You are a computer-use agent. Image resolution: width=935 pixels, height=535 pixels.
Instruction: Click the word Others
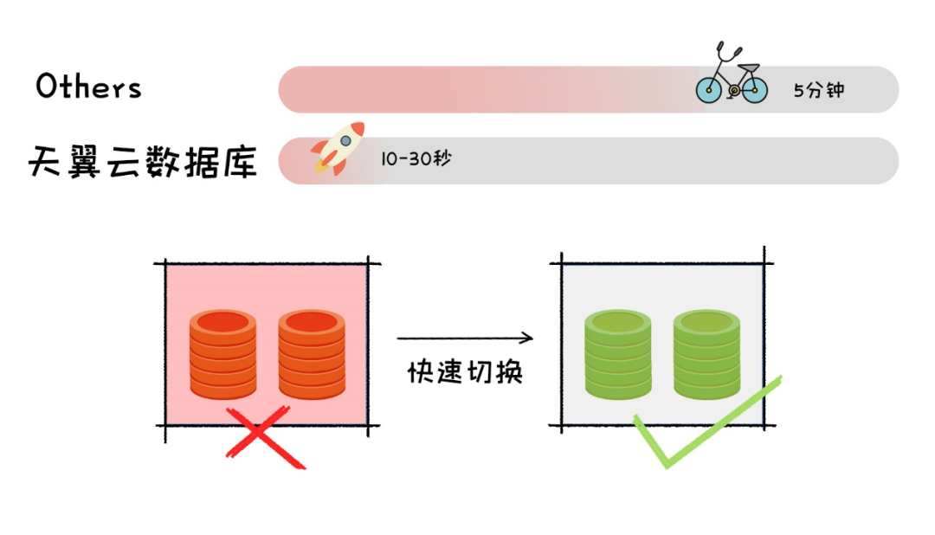pos(88,87)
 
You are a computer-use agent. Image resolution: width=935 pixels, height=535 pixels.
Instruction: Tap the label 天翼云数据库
pos(142,160)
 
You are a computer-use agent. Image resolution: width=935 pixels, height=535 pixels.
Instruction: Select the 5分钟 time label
pos(818,89)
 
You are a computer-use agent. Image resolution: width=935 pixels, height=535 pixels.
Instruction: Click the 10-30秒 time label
pos(416,159)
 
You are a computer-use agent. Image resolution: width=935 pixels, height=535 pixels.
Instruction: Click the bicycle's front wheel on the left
pos(709,89)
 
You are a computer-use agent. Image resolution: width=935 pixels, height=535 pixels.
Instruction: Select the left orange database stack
pos(223,356)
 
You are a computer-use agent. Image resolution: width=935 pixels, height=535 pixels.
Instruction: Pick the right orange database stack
pos(312,356)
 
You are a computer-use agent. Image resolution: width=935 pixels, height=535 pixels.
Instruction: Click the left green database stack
pos(617,356)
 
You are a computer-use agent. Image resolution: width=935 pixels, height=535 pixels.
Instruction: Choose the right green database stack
pos(706,356)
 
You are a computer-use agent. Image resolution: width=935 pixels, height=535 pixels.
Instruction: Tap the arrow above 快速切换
pos(464,338)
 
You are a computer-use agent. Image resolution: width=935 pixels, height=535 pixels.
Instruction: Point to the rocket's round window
pos(346,139)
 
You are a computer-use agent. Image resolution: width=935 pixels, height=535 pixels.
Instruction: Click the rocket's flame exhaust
pos(320,165)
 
